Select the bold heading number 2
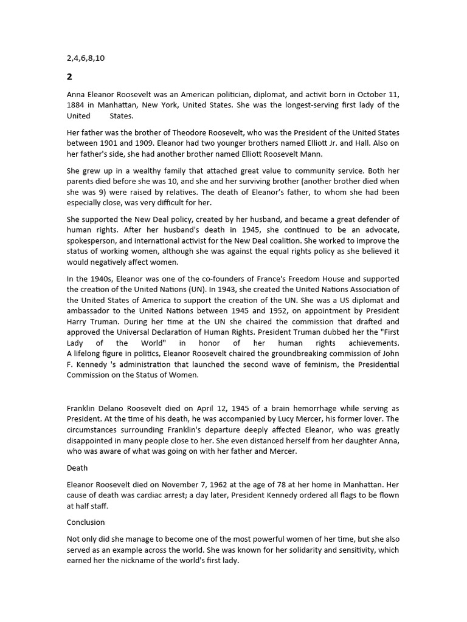click(x=69, y=77)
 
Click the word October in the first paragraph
click(x=372, y=94)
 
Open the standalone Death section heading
click(x=77, y=468)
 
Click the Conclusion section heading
click(x=86, y=522)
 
